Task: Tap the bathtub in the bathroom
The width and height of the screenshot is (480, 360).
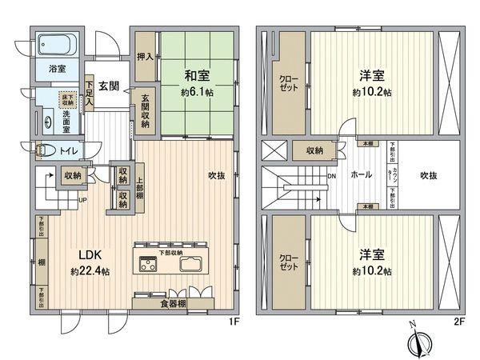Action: (55, 43)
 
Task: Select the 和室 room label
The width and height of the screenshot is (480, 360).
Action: (197, 77)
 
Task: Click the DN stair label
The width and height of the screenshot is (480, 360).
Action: (330, 178)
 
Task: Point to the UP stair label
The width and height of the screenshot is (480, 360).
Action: (82, 200)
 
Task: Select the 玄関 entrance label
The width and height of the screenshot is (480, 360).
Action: (109, 63)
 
